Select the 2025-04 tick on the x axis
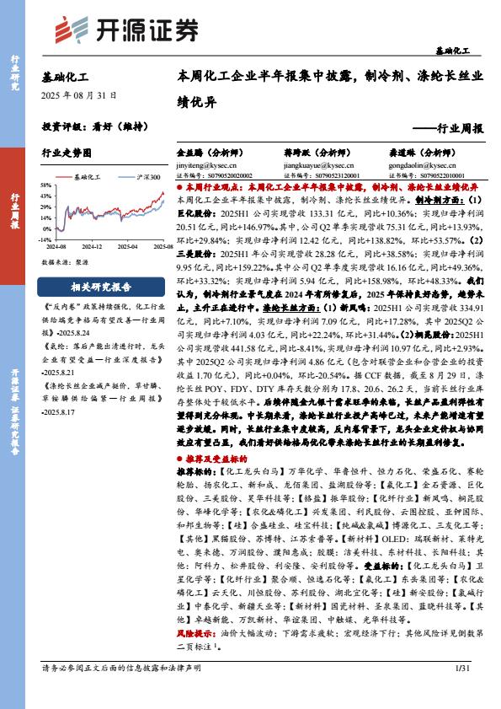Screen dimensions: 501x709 pyautogui.click(x=126, y=246)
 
